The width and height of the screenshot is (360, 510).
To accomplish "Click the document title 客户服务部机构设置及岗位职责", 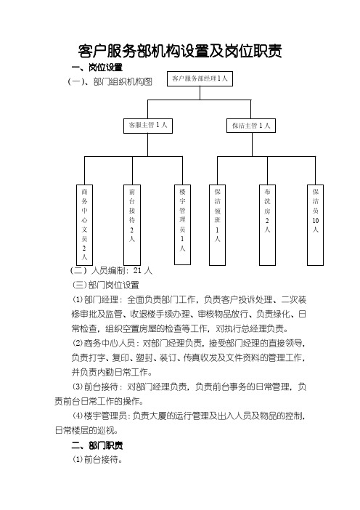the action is tap(180, 51).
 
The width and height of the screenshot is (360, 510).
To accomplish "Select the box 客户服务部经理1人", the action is tap(200, 78).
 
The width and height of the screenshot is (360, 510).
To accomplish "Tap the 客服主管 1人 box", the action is tap(148, 126).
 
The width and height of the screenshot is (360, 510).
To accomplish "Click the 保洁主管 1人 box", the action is tap(251, 126).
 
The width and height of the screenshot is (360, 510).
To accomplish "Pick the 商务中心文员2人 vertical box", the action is tap(84, 225).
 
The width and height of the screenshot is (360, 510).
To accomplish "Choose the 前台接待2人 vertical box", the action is tap(132, 225).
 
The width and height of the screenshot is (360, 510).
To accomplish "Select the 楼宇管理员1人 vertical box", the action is tap(182, 224).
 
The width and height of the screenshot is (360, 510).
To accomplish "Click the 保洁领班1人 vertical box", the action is tap(217, 225).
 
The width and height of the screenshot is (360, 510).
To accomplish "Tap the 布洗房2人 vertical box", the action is tap(267, 225).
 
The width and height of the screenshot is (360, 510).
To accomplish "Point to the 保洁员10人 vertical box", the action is tap(315, 225).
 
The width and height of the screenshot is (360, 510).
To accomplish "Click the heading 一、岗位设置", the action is tap(97, 68).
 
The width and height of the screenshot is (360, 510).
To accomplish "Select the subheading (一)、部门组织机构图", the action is tap(110, 81).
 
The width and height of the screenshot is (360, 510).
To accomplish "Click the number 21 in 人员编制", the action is tap(137, 270).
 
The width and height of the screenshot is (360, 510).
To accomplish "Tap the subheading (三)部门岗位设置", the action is tap(106, 285).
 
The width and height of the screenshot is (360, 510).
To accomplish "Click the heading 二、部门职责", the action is tap(97, 445).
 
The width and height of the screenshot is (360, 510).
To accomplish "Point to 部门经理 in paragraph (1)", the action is tap(101, 299).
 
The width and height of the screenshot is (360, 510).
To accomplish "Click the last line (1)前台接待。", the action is tap(97, 459).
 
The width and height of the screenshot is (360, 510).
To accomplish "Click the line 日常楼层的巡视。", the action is tap(86, 430).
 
